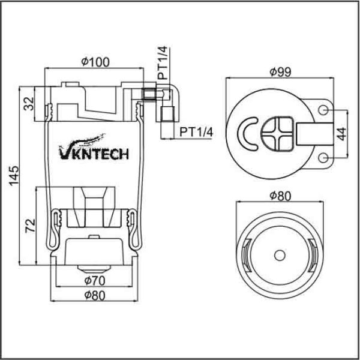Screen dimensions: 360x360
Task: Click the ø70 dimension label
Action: click(94, 280)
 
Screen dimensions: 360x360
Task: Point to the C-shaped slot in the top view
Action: click(247, 133)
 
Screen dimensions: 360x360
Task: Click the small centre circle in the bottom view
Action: click(279, 255)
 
